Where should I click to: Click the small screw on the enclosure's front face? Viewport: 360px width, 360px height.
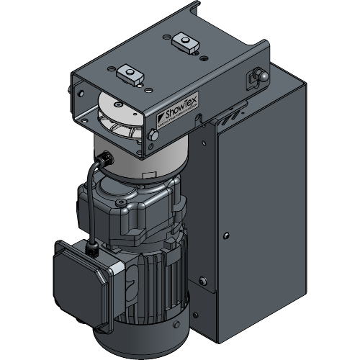[x=227, y=235]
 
